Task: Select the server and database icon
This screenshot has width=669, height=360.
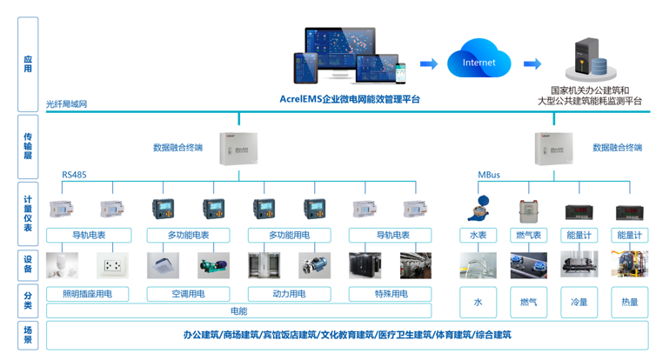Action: [x=585, y=58]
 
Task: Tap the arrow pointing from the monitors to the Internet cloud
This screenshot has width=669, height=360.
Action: [x=428, y=63]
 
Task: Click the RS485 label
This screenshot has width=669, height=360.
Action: [x=74, y=175]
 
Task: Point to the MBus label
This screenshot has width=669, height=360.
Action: [x=489, y=175]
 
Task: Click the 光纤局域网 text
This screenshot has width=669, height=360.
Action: [x=66, y=104]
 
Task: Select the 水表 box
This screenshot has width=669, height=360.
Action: [x=478, y=235]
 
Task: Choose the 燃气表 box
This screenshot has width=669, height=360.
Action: [x=528, y=235]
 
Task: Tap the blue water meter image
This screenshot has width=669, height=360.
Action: [x=478, y=209]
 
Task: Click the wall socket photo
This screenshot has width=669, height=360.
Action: [x=112, y=264]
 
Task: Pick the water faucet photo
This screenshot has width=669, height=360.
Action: [x=478, y=264]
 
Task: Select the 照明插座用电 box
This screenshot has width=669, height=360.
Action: [x=88, y=294]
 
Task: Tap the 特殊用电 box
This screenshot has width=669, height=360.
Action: [x=391, y=294]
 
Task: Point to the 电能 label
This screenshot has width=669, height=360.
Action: [x=238, y=310]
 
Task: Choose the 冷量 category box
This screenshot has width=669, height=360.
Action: [x=579, y=302]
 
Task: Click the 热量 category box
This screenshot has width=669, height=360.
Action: [x=629, y=302]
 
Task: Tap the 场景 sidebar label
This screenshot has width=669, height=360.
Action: [x=28, y=335]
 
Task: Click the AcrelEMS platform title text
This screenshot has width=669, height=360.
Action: [x=350, y=99]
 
